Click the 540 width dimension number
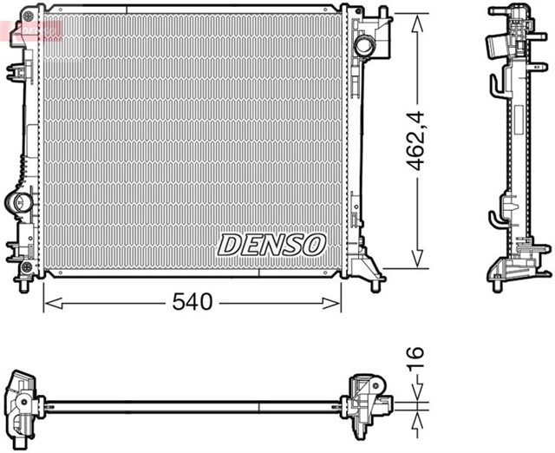tap(193, 302)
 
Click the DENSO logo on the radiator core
tap(271, 245)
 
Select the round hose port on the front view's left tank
tap(18, 203)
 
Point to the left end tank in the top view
tap(23, 402)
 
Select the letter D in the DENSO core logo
tap(229, 245)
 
